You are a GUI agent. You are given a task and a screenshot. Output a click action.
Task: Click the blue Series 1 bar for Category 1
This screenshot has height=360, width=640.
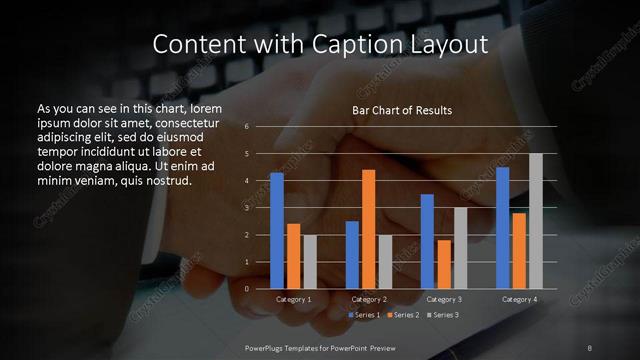tap(277, 230)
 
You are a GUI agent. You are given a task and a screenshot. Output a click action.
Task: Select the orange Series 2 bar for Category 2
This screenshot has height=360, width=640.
tap(368, 229)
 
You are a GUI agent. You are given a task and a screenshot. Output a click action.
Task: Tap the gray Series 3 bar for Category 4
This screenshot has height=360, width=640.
tap(535, 221)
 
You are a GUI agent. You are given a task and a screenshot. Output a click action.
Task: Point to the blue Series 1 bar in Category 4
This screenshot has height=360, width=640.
tap(502, 227)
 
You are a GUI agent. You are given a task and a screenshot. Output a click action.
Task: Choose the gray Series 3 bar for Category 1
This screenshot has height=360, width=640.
tap(310, 261)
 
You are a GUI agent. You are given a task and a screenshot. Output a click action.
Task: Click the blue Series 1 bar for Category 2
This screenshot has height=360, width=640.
tap(352, 254)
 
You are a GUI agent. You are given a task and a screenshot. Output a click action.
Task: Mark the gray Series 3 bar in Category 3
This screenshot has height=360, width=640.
tap(460, 248)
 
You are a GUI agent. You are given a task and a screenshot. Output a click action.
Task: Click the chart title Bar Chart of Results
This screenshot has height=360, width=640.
tap(402, 110)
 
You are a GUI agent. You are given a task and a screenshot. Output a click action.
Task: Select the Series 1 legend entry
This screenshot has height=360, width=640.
tap(366, 314)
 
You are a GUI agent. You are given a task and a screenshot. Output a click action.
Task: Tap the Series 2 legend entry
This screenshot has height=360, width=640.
tap(403, 314)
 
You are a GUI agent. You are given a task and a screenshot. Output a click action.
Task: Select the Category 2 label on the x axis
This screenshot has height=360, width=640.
tap(369, 299)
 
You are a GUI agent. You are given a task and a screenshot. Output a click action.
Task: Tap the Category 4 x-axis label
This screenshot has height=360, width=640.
tap(519, 299)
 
